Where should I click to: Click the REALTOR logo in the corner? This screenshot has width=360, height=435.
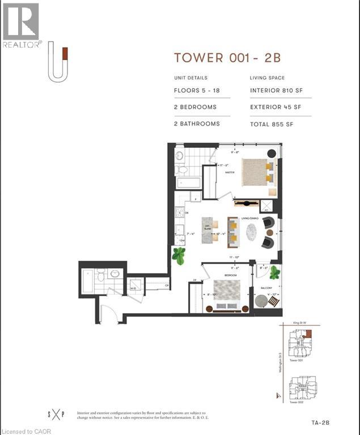click(21, 25)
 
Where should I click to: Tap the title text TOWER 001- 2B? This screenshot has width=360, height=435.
click(227, 58)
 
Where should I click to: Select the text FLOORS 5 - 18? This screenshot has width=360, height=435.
click(196, 91)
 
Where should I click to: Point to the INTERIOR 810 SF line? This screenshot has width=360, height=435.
click(276, 91)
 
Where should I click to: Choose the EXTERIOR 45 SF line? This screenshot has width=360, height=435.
click(276, 107)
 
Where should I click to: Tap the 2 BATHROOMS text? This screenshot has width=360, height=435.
click(197, 123)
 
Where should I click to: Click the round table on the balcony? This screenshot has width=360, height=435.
click(260, 301)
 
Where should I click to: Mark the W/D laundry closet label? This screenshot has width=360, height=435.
click(134, 287)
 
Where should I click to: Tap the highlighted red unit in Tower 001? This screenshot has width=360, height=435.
click(307, 335)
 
